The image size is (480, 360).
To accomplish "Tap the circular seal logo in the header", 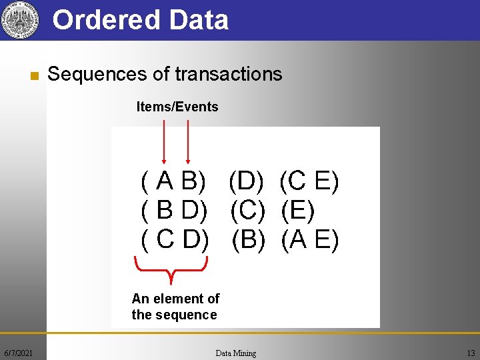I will pos(18,20).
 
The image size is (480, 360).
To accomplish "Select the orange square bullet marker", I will pos(32,75).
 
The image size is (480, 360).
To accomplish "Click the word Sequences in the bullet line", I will pos(97,74).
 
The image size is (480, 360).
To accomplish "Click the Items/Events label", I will pos(177,107).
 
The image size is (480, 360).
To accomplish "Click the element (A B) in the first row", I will pos(174,181).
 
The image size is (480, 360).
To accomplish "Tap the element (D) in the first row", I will pos(247,181).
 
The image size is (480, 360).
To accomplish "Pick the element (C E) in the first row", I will pos(309,181).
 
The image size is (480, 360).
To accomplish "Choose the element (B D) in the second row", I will pos(175,211).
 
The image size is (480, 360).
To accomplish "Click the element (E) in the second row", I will pos(297,211).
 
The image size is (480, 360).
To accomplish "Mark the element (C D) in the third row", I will pos(175,239).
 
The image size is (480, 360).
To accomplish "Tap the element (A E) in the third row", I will pos(310,239).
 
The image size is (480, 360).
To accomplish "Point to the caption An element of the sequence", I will pos(175,307).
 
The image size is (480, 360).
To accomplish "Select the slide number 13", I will pos(471,353).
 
